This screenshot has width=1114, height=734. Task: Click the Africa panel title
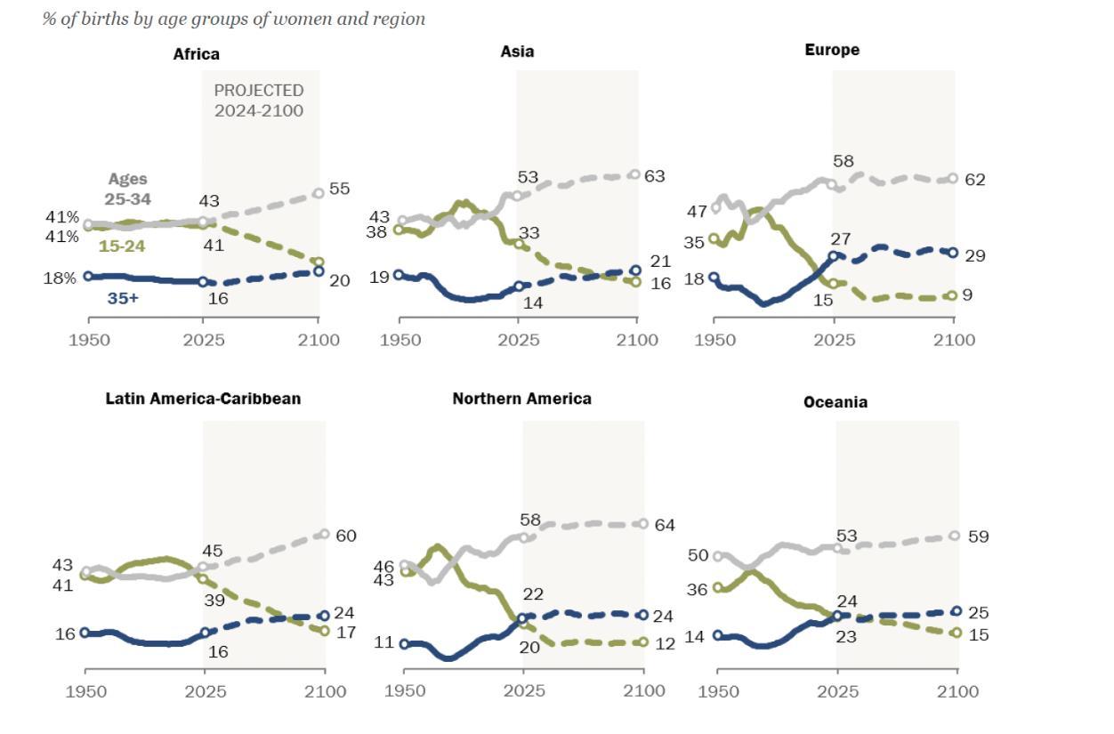(x=196, y=54)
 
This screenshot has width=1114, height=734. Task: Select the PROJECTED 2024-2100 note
(x=259, y=101)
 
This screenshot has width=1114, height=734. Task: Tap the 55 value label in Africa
(x=339, y=189)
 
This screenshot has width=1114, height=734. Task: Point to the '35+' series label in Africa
(x=123, y=299)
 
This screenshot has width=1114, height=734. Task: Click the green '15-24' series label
(x=122, y=246)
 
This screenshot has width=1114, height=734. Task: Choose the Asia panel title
(x=517, y=52)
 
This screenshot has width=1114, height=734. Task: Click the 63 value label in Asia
(x=655, y=176)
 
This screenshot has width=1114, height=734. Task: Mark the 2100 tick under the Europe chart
(x=954, y=340)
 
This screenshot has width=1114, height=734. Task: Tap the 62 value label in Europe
(x=975, y=180)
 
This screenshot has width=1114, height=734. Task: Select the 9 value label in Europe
(x=967, y=294)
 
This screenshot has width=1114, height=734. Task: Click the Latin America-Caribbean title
(x=203, y=399)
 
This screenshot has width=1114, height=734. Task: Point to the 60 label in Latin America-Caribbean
(x=345, y=536)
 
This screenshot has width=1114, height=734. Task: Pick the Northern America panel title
(x=521, y=399)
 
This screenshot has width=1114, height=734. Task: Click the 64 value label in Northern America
(x=664, y=525)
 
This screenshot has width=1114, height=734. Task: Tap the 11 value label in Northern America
(x=383, y=641)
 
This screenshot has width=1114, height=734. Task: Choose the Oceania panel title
(x=835, y=402)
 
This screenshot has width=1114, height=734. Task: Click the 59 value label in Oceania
(x=978, y=536)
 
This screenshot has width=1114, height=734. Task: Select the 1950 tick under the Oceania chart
(x=717, y=691)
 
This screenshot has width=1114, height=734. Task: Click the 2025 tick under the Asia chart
(x=518, y=340)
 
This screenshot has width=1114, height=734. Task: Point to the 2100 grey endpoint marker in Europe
(x=953, y=179)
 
